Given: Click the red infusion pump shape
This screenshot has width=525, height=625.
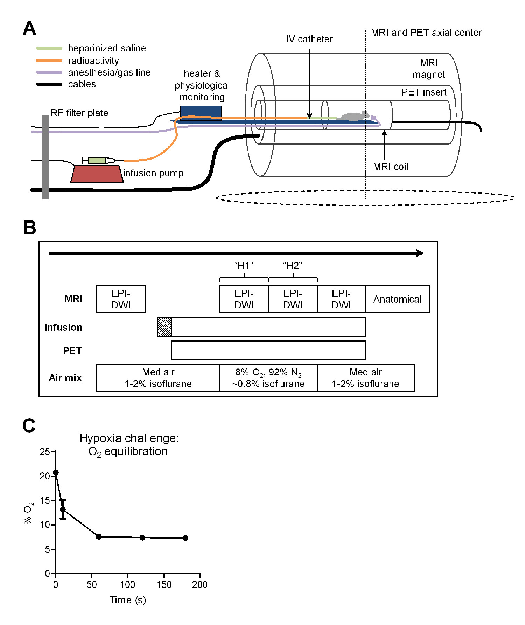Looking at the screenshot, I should click(x=97, y=174).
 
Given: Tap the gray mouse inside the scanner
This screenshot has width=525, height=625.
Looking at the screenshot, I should click(x=355, y=116).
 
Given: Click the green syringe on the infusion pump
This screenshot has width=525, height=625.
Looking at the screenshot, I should click(x=97, y=160).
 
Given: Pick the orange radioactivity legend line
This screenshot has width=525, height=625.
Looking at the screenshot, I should click(x=49, y=61).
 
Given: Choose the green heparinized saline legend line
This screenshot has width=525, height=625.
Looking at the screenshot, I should click(x=49, y=48).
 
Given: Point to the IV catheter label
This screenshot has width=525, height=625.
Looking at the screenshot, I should click(x=309, y=39).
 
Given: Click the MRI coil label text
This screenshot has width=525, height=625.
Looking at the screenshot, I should click(x=390, y=167).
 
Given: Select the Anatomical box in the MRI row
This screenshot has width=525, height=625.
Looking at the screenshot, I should click(x=397, y=299).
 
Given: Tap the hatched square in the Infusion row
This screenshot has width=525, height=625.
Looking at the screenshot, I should click(x=164, y=327).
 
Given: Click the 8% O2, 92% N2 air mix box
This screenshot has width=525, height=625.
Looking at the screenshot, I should click(x=268, y=378).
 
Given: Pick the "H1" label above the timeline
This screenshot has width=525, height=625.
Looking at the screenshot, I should click(x=244, y=266).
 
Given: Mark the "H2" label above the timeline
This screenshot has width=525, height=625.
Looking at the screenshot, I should click(x=293, y=266).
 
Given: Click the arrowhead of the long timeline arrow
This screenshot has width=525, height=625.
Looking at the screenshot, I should click(x=420, y=253).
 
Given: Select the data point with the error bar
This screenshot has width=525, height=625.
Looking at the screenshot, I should click(x=63, y=509).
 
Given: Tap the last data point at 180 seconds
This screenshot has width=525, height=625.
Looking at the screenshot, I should click(x=185, y=538).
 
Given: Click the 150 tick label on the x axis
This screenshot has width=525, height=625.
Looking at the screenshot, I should click(x=164, y=584).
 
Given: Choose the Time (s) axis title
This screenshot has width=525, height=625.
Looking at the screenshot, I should click(x=127, y=600).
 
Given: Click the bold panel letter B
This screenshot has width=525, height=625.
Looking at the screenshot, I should click(x=29, y=227).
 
